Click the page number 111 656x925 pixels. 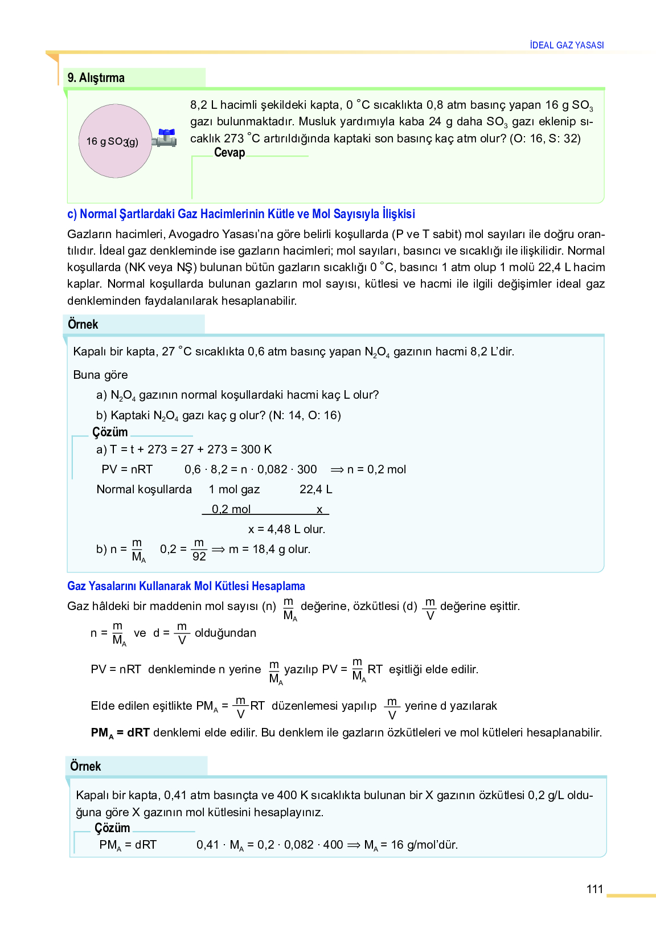click(x=594, y=889)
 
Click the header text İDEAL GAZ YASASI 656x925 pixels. click(x=567, y=45)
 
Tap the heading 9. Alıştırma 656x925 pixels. click(x=96, y=77)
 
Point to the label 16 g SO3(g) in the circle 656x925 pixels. click(x=112, y=141)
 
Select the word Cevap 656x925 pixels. click(x=229, y=153)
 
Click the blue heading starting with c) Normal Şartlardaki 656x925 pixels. click(x=241, y=214)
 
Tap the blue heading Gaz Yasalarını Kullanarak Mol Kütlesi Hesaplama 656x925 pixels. click(x=186, y=586)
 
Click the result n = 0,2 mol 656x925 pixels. click(x=376, y=469)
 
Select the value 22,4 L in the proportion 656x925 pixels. click(x=315, y=489)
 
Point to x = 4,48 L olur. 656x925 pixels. click(x=286, y=529)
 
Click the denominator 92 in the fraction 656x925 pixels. click(x=199, y=556)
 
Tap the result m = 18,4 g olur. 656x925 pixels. click(x=269, y=549)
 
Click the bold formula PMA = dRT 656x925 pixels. click(x=120, y=732)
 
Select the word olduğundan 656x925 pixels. click(x=225, y=633)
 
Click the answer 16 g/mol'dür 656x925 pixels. click(x=424, y=845)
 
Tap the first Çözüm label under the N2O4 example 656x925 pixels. click(x=110, y=432)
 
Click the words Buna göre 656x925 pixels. click(x=100, y=375)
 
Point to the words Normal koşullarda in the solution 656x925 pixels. click(x=144, y=489)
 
